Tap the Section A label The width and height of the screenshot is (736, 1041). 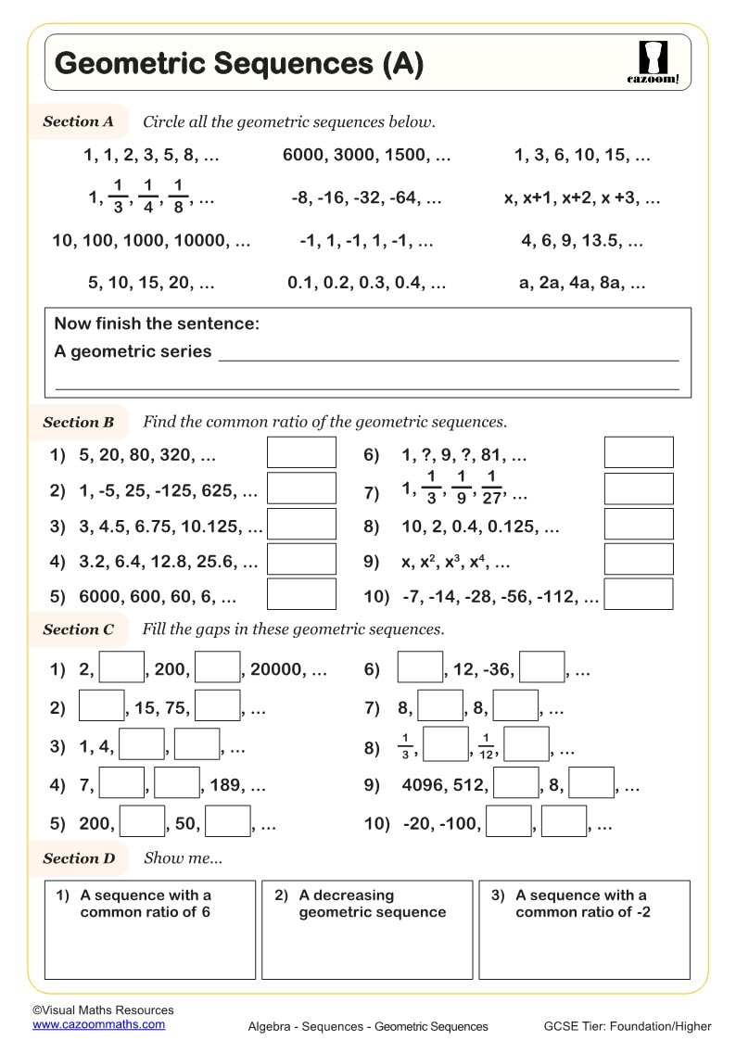tap(78, 121)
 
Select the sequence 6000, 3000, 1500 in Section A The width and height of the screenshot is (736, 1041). tap(367, 156)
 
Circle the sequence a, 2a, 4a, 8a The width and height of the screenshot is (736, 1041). tap(582, 284)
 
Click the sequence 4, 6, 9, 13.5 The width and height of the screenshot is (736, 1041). tap(582, 241)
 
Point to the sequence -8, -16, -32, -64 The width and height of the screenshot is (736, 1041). tap(366, 197)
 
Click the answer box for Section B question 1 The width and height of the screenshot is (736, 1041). tap(301, 452)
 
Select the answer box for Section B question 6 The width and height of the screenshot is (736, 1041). tap(639, 452)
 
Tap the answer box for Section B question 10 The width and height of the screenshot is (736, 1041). tap(639, 594)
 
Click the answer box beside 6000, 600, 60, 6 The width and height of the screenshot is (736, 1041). tap(301, 594)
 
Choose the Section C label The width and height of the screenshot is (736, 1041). tap(78, 629)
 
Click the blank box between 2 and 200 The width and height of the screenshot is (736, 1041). tap(121, 668)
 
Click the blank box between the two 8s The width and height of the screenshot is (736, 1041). tap(440, 707)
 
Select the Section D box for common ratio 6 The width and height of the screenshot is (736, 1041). tap(149, 930)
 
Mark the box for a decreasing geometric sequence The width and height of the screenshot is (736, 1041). tap(367, 930)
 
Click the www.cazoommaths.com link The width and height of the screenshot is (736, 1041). tap(99, 1024)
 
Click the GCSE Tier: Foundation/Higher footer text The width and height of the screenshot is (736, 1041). tap(628, 1026)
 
